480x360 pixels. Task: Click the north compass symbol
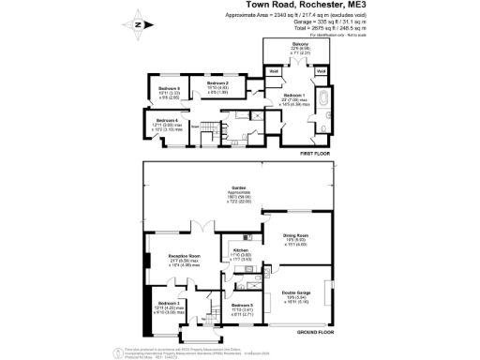tap(139, 25)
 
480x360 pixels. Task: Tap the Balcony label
tap(299, 45)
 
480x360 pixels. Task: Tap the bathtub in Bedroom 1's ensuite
tap(324, 98)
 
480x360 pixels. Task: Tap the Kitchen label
tap(240, 250)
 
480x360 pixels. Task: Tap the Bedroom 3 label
tap(170, 305)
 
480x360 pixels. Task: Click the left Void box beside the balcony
tap(275, 71)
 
